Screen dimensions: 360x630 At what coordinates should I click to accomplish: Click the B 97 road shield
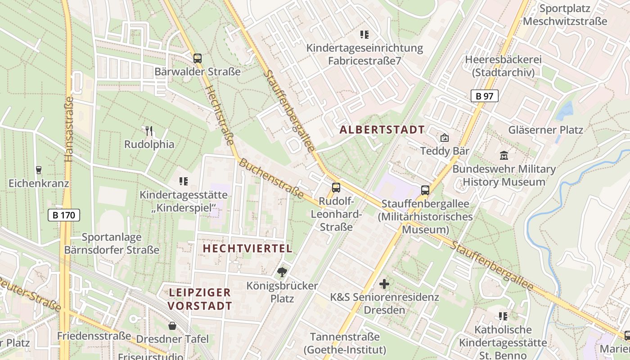(x=485, y=95)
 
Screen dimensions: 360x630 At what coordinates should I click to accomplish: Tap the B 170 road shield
(x=64, y=215)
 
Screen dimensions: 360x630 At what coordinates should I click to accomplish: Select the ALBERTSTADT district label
(x=382, y=130)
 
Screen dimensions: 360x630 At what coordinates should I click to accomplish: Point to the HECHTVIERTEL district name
(x=247, y=248)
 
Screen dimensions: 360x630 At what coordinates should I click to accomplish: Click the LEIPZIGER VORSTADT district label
(x=200, y=299)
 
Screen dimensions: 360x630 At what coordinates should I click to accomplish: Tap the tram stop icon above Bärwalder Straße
(x=197, y=58)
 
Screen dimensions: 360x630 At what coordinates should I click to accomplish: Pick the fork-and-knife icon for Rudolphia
(x=149, y=131)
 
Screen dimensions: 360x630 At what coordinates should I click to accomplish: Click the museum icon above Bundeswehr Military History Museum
(x=504, y=156)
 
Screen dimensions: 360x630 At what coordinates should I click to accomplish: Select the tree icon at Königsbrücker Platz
(x=282, y=272)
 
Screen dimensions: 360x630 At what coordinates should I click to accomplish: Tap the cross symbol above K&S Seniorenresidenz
(x=384, y=284)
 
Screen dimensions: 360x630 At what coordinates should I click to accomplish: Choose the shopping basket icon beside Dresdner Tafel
(x=172, y=325)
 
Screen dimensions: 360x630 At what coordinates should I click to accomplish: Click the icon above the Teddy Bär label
(x=444, y=138)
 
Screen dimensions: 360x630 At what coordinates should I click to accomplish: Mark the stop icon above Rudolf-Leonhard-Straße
(x=336, y=187)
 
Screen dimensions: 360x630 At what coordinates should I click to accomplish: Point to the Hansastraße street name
(x=68, y=129)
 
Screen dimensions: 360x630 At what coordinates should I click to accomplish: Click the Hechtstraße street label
(x=220, y=115)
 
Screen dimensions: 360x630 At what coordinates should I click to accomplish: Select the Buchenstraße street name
(x=271, y=178)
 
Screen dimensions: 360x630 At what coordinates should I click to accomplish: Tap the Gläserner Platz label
(x=545, y=130)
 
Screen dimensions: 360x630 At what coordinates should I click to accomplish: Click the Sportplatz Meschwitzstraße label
(x=565, y=15)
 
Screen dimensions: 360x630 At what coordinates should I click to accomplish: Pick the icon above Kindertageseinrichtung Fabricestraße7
(x=364, y=34)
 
